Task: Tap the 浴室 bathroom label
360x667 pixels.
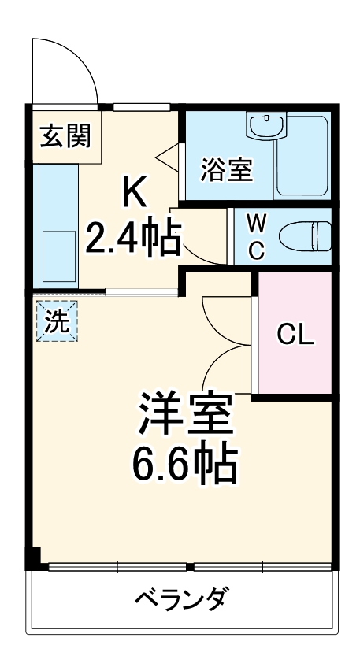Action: tap(227, 170)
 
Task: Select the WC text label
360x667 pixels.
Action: tap(256, 237)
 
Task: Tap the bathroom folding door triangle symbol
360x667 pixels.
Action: tap(169, 156)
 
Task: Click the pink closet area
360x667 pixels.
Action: tap(295, 362)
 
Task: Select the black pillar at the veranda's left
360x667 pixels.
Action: tap(32, 558)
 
